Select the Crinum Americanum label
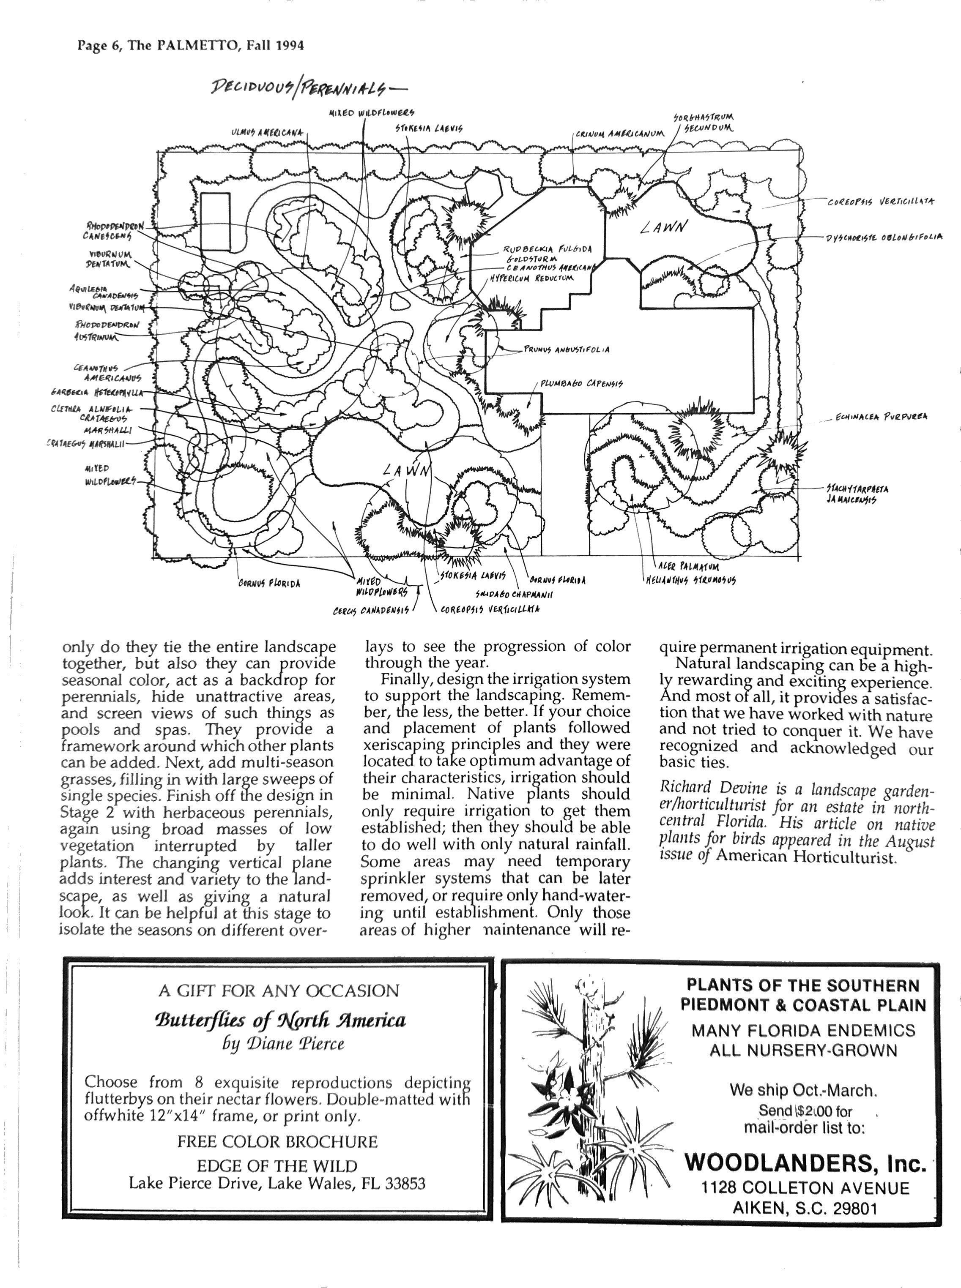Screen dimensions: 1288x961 click(x=619, y=134)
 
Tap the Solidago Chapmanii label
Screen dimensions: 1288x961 click(x=514, y=594)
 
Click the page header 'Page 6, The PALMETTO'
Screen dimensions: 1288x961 click(x=190, y=45)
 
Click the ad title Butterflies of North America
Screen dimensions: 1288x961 click(x=280, y=1020)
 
